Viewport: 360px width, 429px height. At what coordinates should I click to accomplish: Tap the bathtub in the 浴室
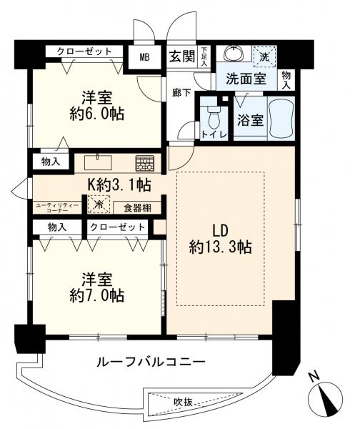281,118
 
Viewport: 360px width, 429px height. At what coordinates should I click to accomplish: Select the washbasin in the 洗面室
234,54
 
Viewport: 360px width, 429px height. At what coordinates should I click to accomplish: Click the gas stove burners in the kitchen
145,164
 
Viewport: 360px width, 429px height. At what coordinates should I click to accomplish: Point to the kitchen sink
98,162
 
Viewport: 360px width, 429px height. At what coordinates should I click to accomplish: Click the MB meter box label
144,58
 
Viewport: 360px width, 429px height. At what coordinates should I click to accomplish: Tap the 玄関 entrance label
182,56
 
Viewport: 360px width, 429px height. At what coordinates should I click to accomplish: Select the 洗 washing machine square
264,56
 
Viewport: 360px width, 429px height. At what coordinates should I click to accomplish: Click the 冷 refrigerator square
99,204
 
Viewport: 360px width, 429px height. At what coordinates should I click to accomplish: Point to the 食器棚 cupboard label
137,208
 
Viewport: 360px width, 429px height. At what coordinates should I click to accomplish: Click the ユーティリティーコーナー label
57,207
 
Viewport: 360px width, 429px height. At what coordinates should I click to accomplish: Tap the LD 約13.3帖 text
220,239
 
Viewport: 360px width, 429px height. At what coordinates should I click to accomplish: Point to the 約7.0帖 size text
97,295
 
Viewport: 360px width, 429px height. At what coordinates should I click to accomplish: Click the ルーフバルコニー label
151,363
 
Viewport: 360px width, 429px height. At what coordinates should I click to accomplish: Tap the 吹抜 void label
183,402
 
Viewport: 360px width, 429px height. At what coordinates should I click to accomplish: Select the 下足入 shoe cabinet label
204,56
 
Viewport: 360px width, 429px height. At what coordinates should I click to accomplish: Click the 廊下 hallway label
181,93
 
